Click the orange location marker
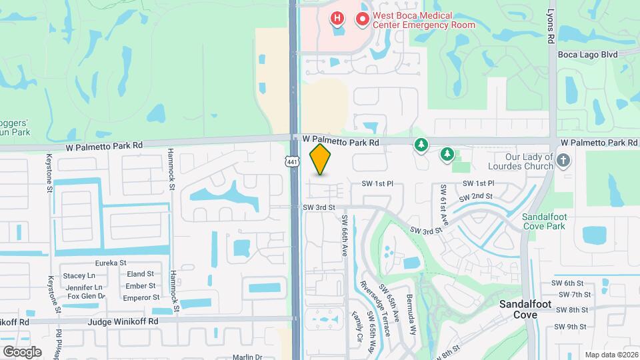pyautogui.click(x=321, y=159)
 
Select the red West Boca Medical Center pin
pyautogui.click(x=363, y=19)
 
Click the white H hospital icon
pyautogui.click(x=338, y=18)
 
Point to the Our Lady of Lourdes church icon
pyautogui.click(x=563, y=160)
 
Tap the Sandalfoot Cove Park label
pyautogui.click(x=543, y=222)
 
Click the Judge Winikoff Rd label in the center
pyautogui.click(x=126, y=321)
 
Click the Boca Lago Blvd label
pyautogui.click(x=589, y=54)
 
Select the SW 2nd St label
pyautogui.click(x=476, y=197)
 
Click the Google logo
pyautogui.click(x=22, y=351)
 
